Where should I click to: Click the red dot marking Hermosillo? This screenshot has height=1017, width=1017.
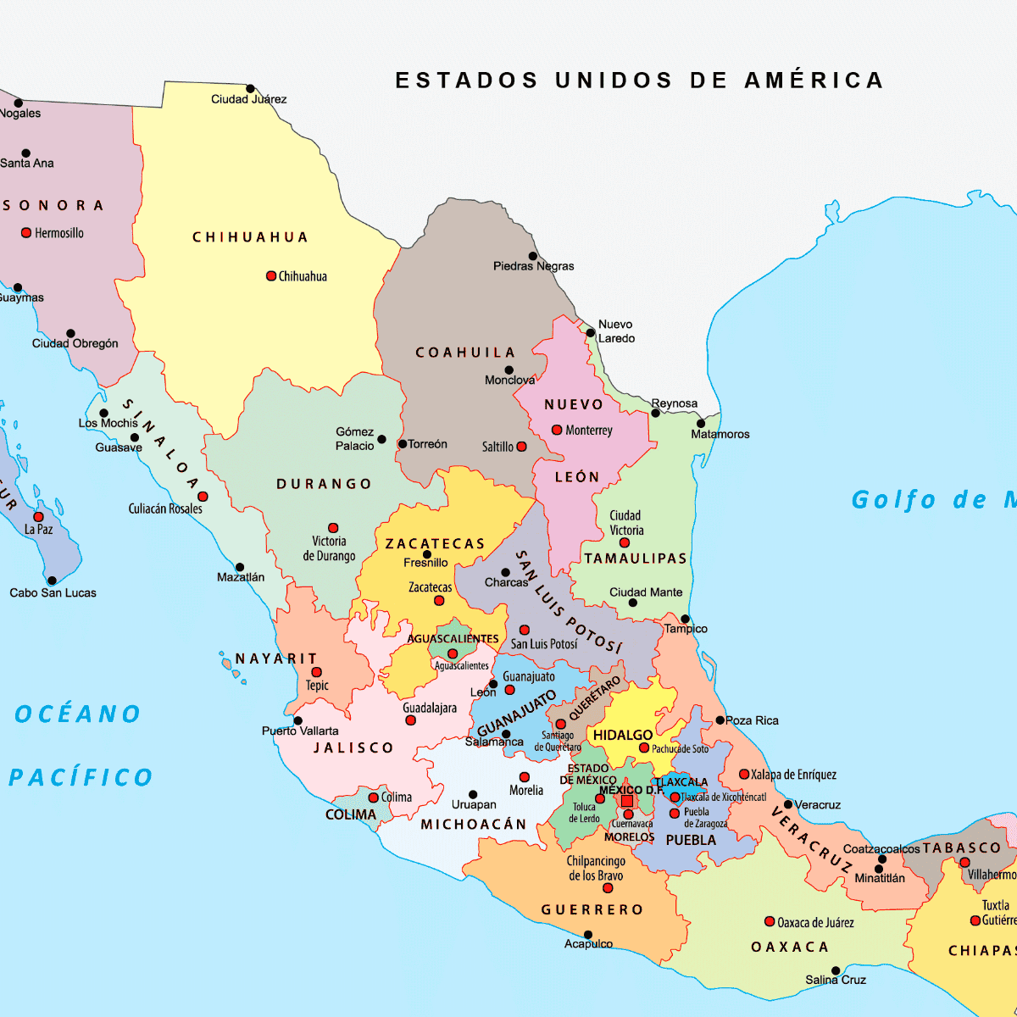pyautogui.click(x=26, y=232)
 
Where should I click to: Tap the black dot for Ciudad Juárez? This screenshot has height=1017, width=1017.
pyautogui.click(x=250, y=88)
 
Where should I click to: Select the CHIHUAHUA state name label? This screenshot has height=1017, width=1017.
pyautogui.click(x=250, y=237)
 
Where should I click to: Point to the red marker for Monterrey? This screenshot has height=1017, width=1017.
pyautogui.click(x=557, y=430)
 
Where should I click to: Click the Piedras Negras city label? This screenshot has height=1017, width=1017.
pyautogui.click(x=533, y=266)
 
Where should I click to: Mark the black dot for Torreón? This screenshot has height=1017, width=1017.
pyautogui.click(x=403, y=444)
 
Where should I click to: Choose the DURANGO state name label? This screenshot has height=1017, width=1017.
pyautogui.click(x=324, y=484)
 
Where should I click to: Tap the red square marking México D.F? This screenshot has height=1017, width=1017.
pyautogui.click(x=626, y=801)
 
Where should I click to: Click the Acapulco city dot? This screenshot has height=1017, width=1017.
pyautogui.click(x=588, y=935)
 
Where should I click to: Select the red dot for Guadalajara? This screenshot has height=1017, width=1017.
pyautogui.click(x=410, y=720)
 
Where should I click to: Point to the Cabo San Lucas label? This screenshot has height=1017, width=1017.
pyautogui.click(x=53, y=593)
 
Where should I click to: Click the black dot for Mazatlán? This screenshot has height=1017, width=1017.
pyautogui.click(x=240, y=567)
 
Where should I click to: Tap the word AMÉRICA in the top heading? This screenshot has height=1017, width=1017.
pyautogui.click(x=814, y=81)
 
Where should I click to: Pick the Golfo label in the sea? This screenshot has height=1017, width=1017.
pyautogui.click(x=895, y=499)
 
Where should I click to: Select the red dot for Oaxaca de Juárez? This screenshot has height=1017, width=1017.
pyautogui.click(x=770, y=921)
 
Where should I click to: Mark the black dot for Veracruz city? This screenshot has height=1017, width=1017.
pyautogui.click(x=788, y=804)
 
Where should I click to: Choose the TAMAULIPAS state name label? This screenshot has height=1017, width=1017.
pyautogui.click(x=636, y=559)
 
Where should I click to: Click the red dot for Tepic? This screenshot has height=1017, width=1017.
pyautogui.click(x=316, y=672)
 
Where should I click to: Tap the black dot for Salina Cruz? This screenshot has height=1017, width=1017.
pyautogui.click(x=836, y=970)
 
